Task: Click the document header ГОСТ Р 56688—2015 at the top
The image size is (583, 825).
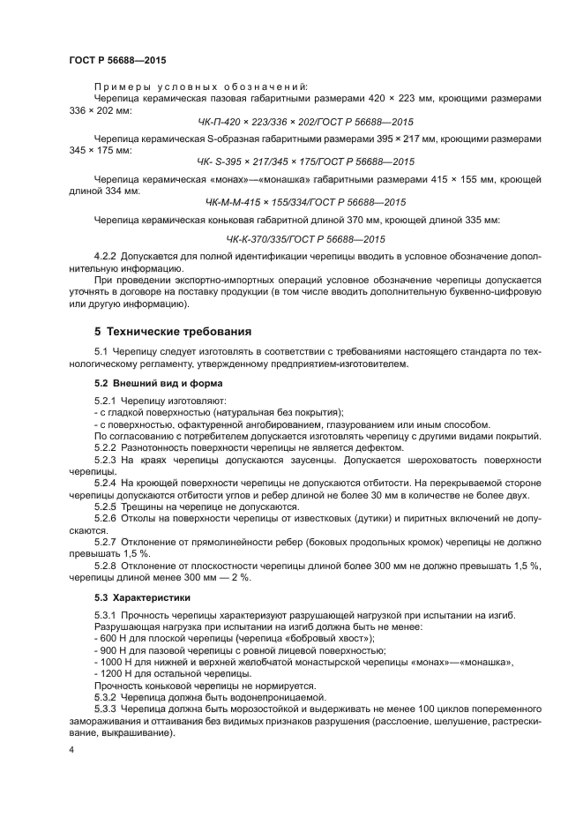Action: point(117,60)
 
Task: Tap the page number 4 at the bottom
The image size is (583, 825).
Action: point(71,749)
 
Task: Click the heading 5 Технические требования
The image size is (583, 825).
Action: point(173,332)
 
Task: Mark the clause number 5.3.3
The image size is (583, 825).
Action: point(106,709)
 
